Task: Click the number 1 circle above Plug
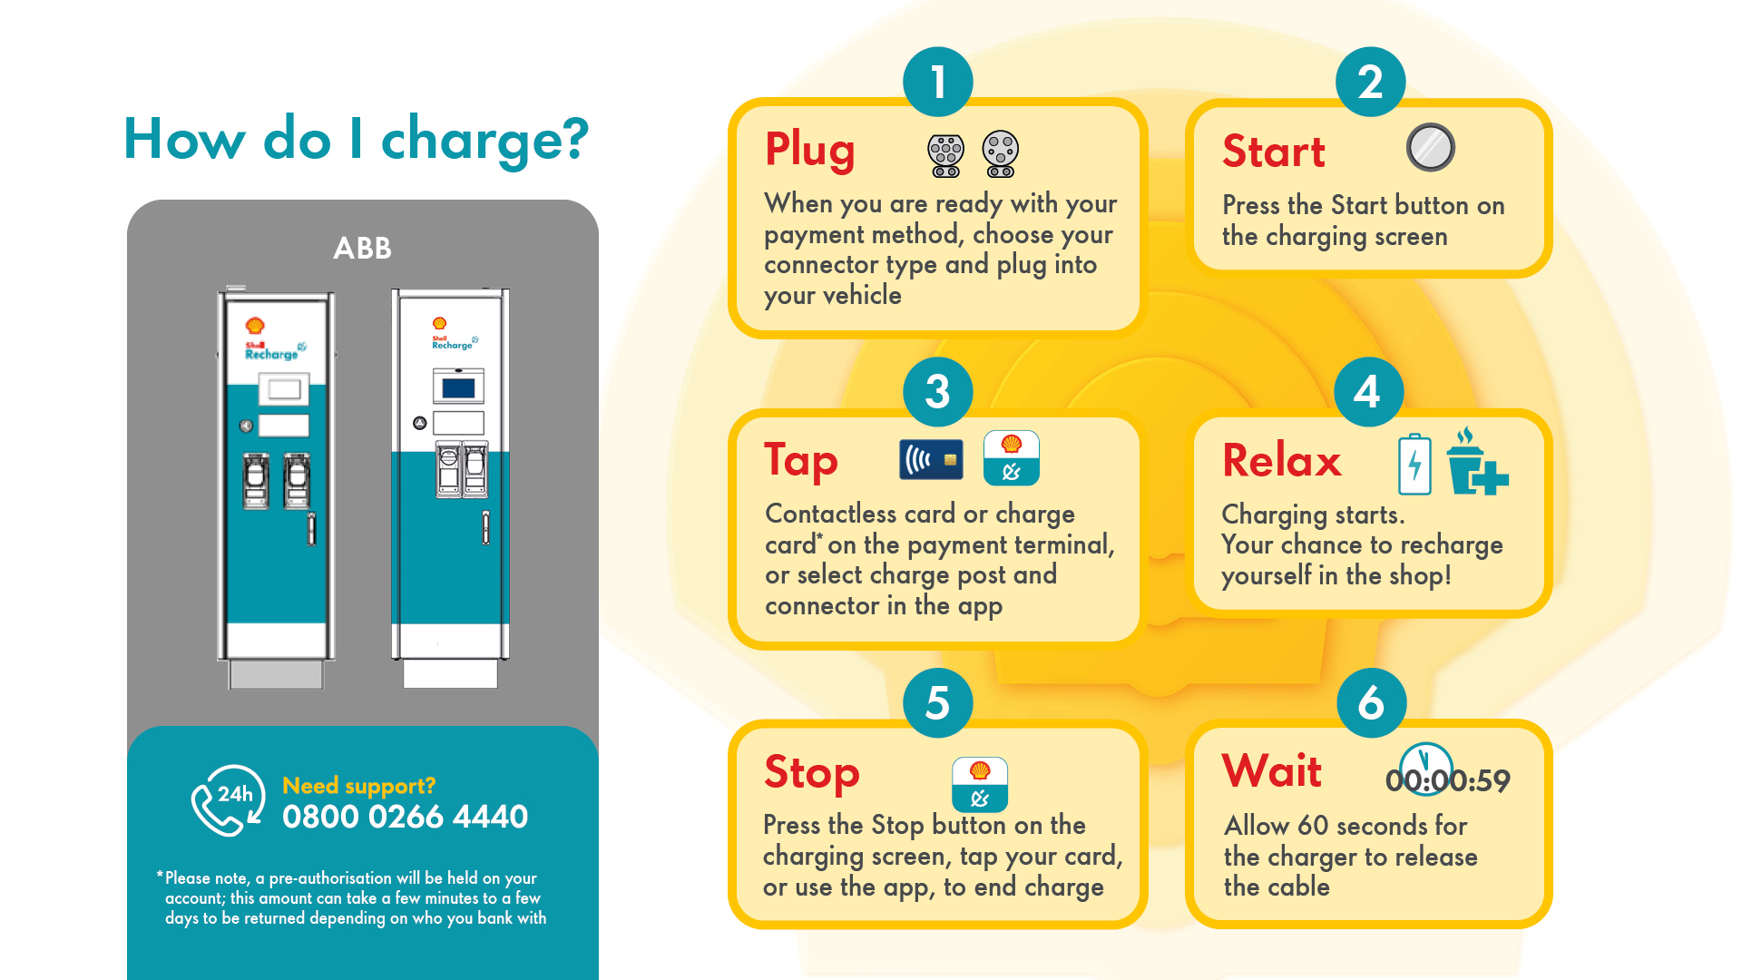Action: coord(938,83)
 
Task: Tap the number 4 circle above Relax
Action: coord(1368,392)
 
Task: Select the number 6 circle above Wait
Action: coord(1371,703)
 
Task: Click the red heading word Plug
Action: coord(809,151)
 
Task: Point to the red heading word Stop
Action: coord(811,773)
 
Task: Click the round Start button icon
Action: coord(1430,147)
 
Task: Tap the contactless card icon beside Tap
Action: coord(931,460)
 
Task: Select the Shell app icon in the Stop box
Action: coord(979,784)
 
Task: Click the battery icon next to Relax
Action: coord(1414,465)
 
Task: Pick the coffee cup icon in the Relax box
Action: coord(1474,463)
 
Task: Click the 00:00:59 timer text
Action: coord(1447,780)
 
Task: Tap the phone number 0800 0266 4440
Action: coord(405,817)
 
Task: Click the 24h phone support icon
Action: coord(228,799)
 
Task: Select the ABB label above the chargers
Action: coord(362,248)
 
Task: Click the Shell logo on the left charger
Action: coord(255,325)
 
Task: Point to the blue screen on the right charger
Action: coord(458,388)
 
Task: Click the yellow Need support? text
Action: coord(358,785)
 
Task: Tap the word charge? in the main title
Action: coord(484,141)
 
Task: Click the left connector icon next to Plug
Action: coord(945,155)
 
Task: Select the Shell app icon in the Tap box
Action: coord(1011,458)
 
